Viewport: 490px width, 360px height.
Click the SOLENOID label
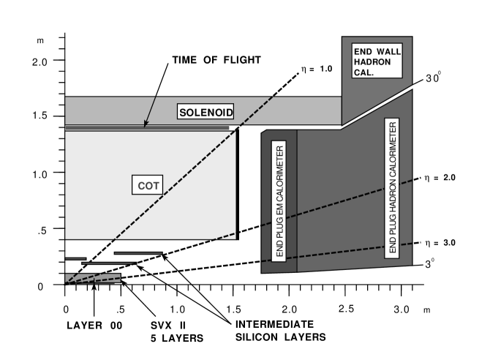click(206, 112)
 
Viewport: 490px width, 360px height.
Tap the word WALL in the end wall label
click(387, 52)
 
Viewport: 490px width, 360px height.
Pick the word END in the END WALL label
click(363, 52)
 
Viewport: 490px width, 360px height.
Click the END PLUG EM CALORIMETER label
click(279, 200)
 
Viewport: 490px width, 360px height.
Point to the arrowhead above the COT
click(146, 123)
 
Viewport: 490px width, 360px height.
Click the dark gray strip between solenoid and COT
click(146, 128)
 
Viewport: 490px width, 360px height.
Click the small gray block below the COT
click(92, 278)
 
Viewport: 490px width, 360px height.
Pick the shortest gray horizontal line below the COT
click(75, 258)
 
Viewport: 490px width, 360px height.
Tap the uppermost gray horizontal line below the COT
click(138, 253)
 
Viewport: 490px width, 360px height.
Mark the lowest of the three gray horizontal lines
click(108, 263)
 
